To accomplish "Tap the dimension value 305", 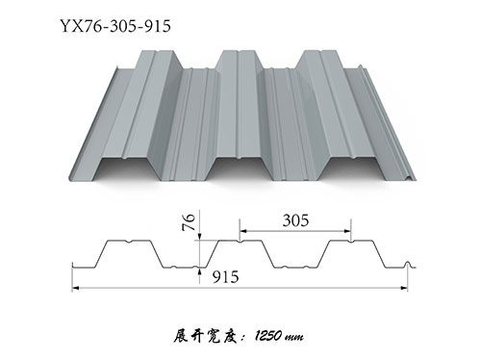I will pyautogui.click(x=295, y=220).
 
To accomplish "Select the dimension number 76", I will pyautogui.click(x=189, y=227).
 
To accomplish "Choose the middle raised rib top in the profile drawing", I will pyautogui.click(x=241, y=242).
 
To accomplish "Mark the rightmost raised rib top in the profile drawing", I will pyautogui.click(x=352, y=242).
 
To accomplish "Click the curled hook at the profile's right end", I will pyautogui.click(x=411, y=263).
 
